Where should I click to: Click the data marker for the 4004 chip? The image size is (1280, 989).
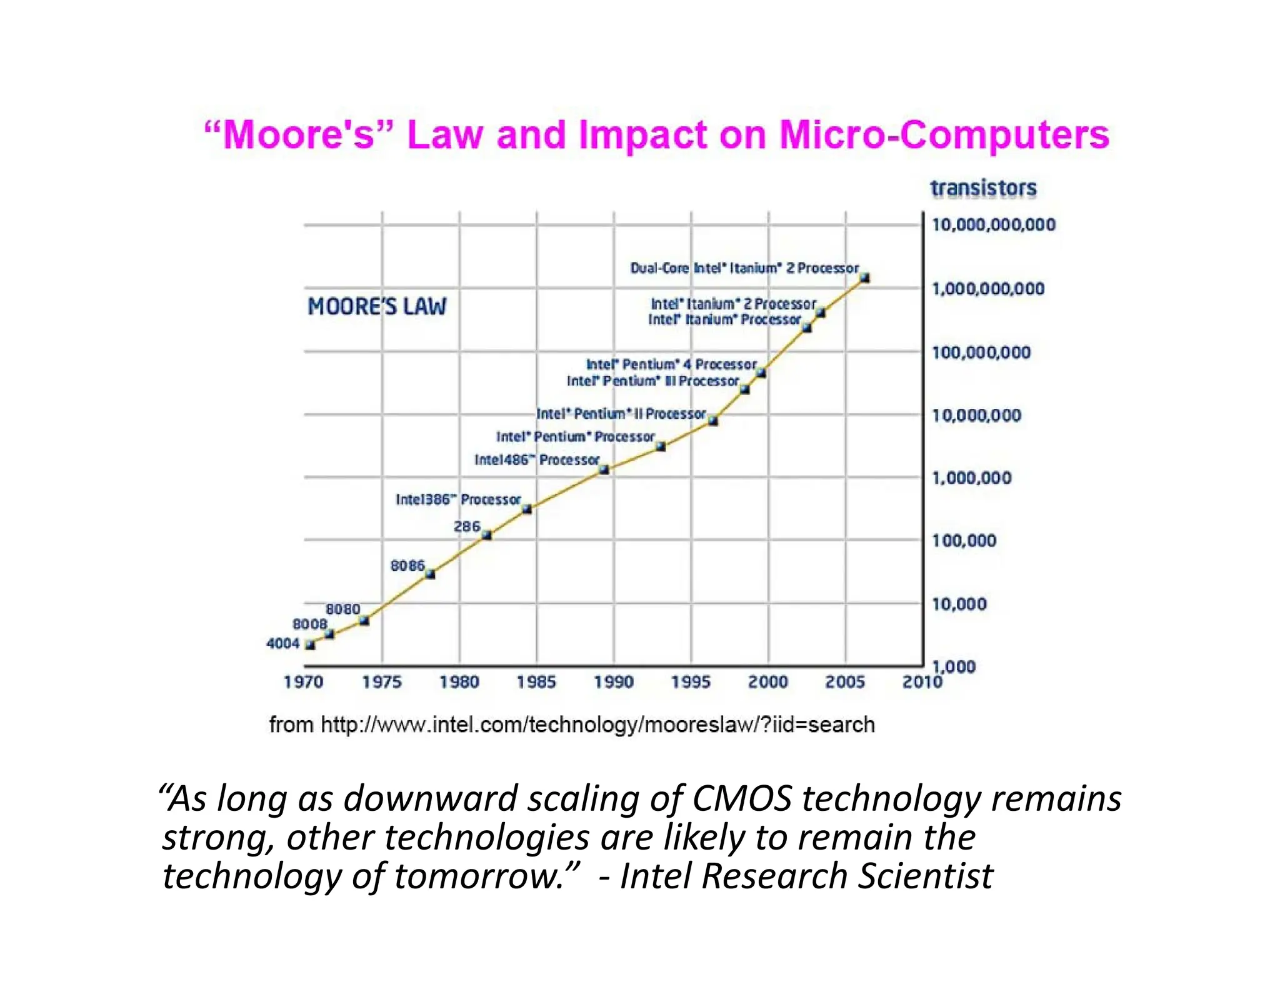(x=310, y=645)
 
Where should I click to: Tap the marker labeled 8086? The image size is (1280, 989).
(x=430, y=574)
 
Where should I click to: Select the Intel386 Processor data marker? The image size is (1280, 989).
(x=527, y=509)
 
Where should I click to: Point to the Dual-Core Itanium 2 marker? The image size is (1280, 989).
(x=865, y=278)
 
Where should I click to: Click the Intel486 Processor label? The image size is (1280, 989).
(x=537, y=460)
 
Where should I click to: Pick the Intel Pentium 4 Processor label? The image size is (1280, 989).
(x=671, y=364)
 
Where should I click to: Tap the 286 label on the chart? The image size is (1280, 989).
(x=467, y=527)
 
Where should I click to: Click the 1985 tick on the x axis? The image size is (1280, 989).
(x=536, y=682)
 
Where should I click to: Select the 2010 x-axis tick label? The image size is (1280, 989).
(x=922, y=682)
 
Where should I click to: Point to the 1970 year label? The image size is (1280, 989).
(x=304, y=682)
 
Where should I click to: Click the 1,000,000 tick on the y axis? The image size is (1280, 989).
(x=971, y=478)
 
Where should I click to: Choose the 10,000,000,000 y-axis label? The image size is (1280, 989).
(x=993, y=225)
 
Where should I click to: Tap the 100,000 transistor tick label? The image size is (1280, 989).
(x=964, y=541)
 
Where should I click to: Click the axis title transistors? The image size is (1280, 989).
(x=983, y=188)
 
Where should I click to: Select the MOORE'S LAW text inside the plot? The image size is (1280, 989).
(x=377, y=307)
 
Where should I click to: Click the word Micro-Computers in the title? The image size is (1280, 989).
(x=944, y=135)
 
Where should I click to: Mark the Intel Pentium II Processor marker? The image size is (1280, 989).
(x=713, y=421)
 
